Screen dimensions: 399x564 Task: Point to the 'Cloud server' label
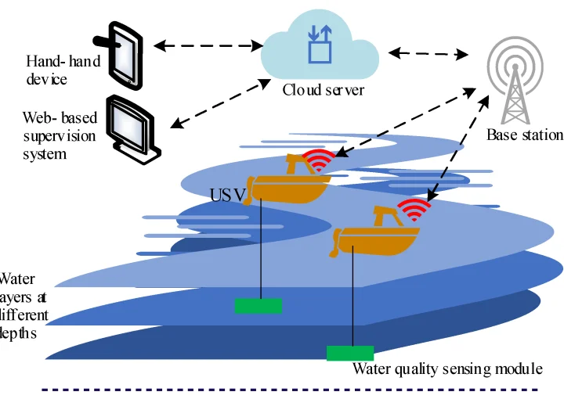point(324,90)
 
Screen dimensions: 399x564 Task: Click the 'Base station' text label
point(524,135)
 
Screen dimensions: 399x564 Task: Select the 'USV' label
point(228,193)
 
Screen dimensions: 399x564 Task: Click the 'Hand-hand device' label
point(63,70)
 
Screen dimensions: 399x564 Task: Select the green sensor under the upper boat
point(258,305)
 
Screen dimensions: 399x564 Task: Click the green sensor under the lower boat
point(349,353)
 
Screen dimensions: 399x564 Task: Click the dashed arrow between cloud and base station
point(428,54)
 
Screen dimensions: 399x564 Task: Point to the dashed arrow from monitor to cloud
point(216,102)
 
